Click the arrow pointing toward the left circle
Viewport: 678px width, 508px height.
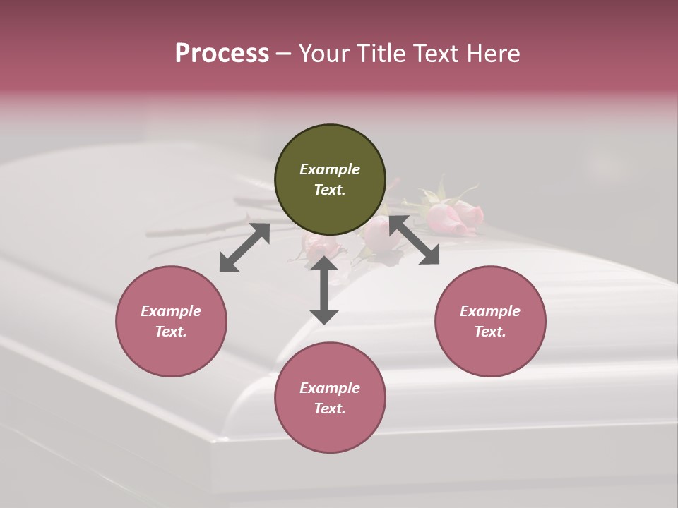pyautogui.click(x=244, y=248)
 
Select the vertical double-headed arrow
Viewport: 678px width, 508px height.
pyautogui.click(x=324, y=290)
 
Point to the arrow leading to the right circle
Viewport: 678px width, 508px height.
pyautogui.click(x=414, y=241)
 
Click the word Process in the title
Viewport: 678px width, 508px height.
pyautogui.click(x=222, y=53)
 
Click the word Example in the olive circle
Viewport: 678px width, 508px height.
pyautogui.click(x=330, y=169)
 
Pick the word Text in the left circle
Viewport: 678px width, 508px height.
pyautogui.click(x=171, y=332)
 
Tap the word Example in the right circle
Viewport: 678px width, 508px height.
pyautogui.click(x=490, y=311)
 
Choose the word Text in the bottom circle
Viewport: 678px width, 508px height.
pyautogui.click(x=330, y=409)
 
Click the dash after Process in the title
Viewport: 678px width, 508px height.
pyautogui.click(x=283, y=54)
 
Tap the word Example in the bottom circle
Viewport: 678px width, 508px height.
pyautogui.click(x=330, y=388)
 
